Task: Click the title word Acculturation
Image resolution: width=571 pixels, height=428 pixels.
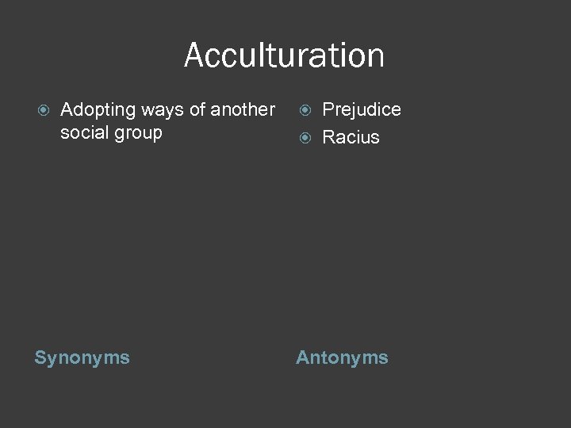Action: [x=284, y=55]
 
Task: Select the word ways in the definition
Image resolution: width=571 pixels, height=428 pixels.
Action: [x=161, y=110]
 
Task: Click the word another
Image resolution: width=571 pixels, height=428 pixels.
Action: [x=243, y=109]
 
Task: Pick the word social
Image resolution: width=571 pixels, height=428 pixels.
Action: [x=83, y=132]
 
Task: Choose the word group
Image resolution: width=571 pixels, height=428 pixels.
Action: [x=136, y=133]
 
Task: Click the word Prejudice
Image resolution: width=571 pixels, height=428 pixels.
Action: [x=362, y=109]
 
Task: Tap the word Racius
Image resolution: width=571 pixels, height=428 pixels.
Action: [x=351, y=137]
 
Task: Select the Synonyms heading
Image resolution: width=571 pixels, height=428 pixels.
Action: [x=82, y=358]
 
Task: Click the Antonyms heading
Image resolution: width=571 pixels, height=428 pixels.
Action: [x=342, y=358]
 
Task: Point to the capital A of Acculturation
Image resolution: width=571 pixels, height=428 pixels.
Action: [x=194, y=55]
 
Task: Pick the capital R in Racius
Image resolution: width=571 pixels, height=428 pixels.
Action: [x=328, y=137]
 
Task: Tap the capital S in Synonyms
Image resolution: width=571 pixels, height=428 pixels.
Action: [x=40, y=358]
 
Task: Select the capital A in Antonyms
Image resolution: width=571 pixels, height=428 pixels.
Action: [x=302, y=358]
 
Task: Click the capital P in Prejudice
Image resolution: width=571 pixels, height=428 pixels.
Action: [x=328, y=109]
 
